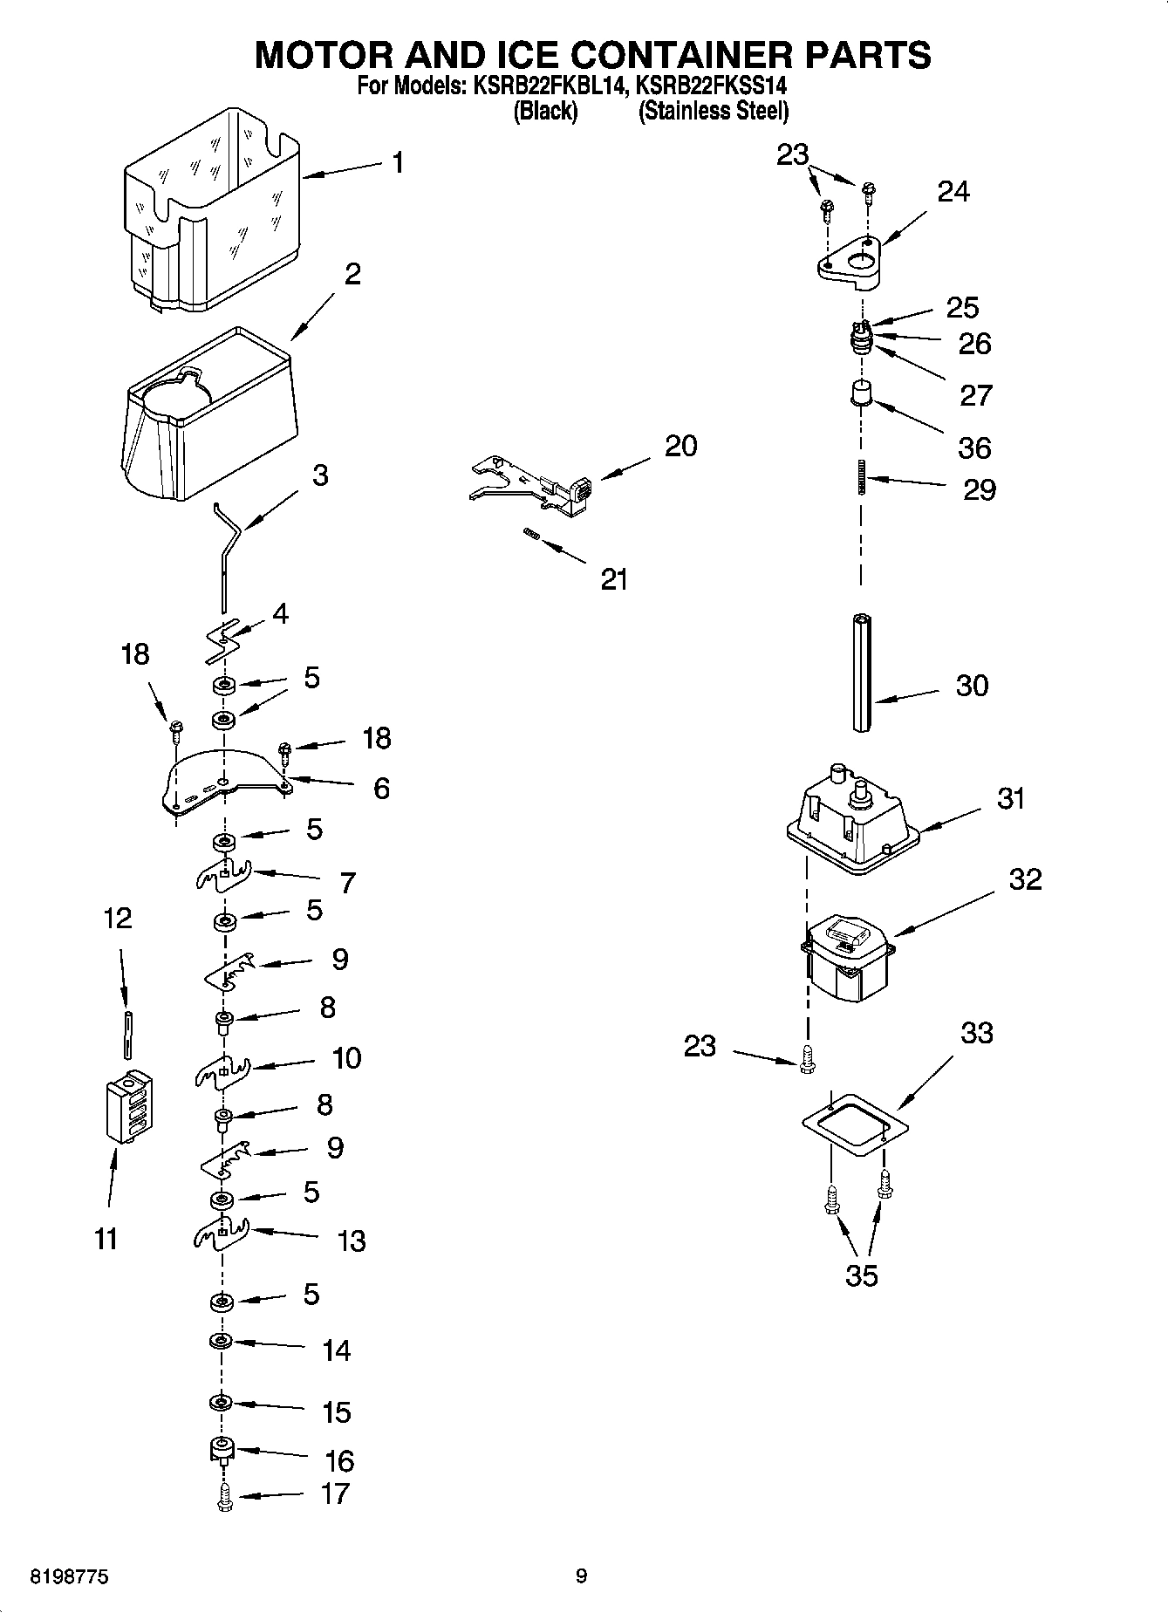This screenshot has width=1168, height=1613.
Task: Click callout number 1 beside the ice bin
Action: click(x=398, y=163)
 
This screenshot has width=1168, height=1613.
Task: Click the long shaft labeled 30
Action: click(x=862, y=672)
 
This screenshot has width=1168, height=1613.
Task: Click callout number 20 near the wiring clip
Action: click(x=680, y=446)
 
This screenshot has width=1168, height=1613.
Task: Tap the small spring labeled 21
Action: click(x=529, y=534)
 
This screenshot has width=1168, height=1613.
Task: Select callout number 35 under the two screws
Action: click(x=861, y=1275)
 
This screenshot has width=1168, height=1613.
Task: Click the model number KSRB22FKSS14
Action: click(x=712, y=86)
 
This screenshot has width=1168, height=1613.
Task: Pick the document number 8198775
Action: click(x=70, y=1577)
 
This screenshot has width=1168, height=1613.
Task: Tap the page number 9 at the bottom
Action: click(x=582, y=1575)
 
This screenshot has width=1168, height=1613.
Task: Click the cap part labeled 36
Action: click(x=861, y=393)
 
